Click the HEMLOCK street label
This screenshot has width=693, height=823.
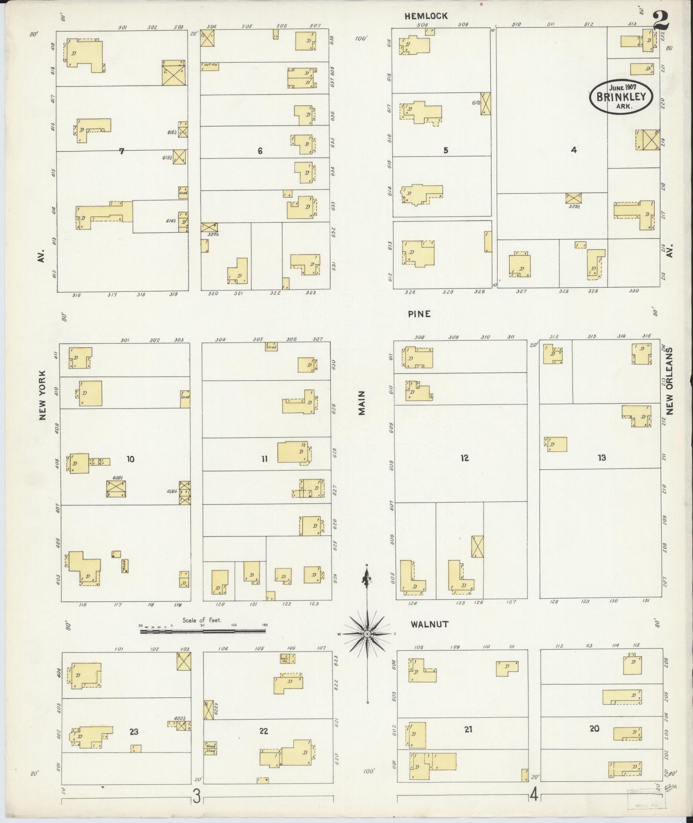[x=426, y=16]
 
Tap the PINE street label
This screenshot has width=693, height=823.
[x=419, y=314]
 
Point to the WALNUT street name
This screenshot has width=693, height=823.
[x=429, y=624]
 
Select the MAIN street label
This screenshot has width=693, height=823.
[x=362, y=402]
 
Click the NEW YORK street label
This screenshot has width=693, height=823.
[x=43, y=395]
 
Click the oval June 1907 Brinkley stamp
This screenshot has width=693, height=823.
[x=621, y=96]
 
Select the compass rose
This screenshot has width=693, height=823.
[x=367, y=634]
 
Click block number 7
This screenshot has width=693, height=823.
[x=122, y=151]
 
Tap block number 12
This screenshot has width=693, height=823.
[x=464, y=458]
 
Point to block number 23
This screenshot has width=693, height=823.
[x=134, y=732]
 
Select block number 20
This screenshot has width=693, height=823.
[x=594, y=728]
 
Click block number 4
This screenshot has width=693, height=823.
[x=574, y=150]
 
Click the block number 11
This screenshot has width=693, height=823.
[x=264, y=459]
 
